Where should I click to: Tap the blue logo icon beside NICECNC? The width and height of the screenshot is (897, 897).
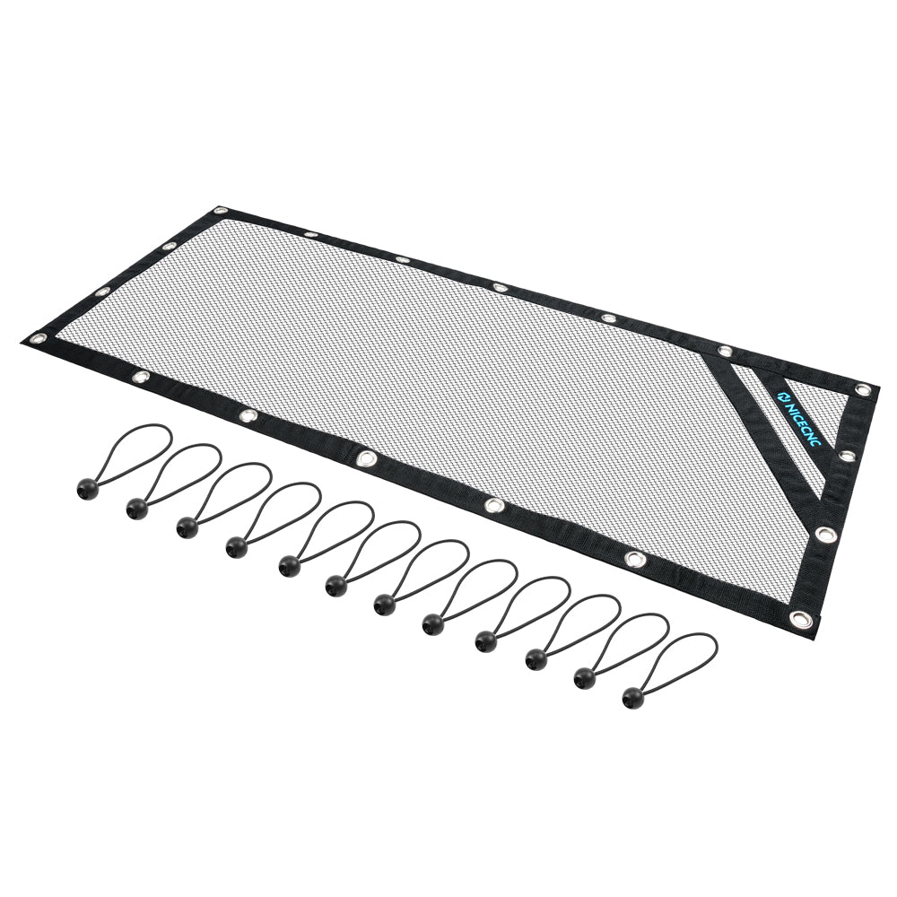pyautogui.click(x=781, y=396)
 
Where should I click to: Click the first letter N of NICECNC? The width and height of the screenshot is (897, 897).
pyautogui.click(x=788, y=406)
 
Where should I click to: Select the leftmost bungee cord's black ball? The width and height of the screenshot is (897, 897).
pyautogui.click(x=88, y=488)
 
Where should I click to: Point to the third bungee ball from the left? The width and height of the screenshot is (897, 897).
pyautogui.click(x=187, y=527)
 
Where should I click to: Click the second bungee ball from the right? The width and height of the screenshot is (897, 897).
pyautogui.click(x=584, y=677)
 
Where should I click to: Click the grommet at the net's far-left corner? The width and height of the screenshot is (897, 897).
pyautogui.click(x=40, y=337)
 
